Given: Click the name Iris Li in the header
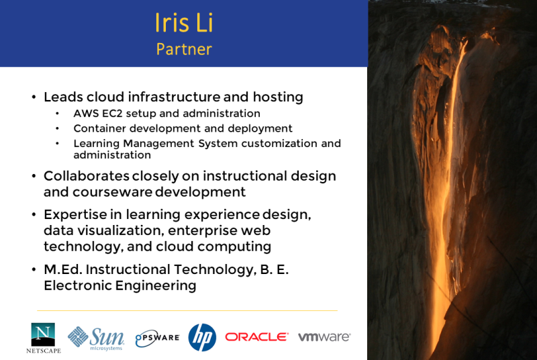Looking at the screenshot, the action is click(x=184, y=23).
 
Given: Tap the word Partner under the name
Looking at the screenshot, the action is click(x=184, y=49).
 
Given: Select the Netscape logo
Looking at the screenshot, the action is click(x=44, y=338).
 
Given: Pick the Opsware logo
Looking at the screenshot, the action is click(x=157, y=338).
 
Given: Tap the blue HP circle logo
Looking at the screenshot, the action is click(x=202, y=337).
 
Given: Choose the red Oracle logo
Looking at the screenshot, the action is click(x=256, y=337).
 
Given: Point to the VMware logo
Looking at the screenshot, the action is click(x=324, y=337).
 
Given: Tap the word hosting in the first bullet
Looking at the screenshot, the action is click(x=278, y=97).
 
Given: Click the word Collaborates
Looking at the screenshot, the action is click(x=87, y=176).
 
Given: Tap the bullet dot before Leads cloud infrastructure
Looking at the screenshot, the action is click(x=34, y=97).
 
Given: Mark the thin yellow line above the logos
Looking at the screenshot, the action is click(x=187, y=311).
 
